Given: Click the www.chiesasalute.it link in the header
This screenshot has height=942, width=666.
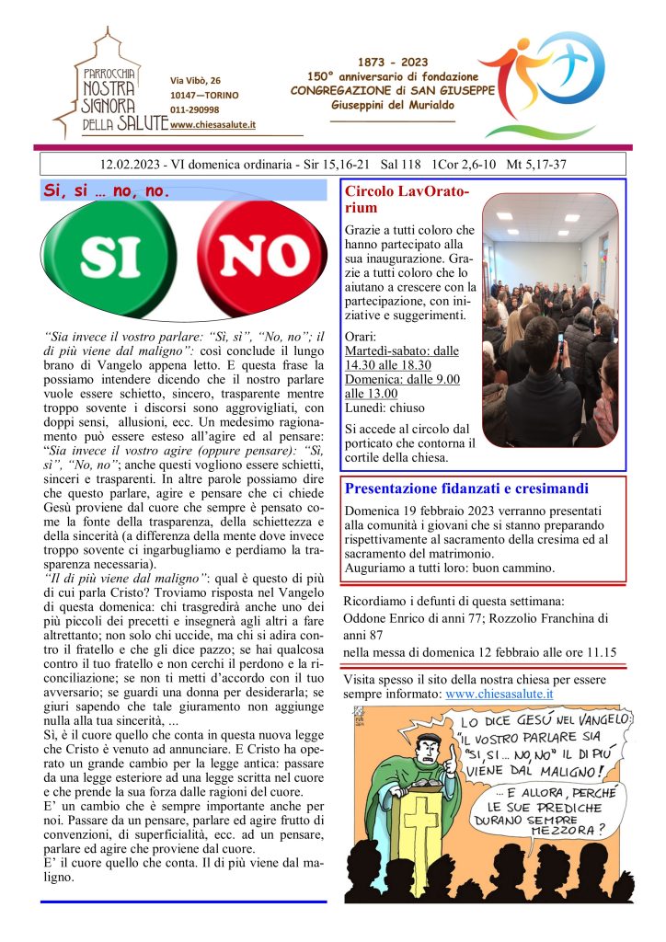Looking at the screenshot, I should coord(212,125).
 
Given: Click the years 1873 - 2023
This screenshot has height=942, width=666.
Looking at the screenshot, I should coord(393,63).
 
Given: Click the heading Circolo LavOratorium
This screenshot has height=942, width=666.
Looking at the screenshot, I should coord(406,200).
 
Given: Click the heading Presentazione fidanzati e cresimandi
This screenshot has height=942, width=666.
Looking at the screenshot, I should coord(466,488).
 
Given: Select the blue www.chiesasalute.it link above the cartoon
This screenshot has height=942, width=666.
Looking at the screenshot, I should coord(499,694).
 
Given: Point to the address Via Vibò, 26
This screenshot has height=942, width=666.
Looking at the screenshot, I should coord(195,80).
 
